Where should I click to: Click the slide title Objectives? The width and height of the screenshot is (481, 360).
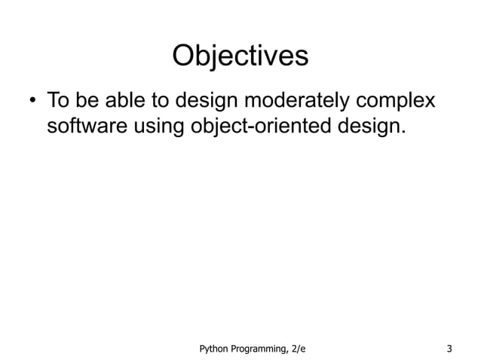pos(240,56)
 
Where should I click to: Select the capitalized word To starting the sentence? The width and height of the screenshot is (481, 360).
pos(60,100)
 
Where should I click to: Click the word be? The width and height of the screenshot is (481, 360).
pos(91,100)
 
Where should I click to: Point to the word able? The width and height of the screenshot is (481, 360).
pos(129,100)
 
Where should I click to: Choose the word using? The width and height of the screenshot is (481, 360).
pos(157,129)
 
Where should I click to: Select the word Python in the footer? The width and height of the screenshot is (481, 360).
pos(213,347)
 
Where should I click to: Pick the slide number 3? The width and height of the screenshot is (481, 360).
pos(449,347)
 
